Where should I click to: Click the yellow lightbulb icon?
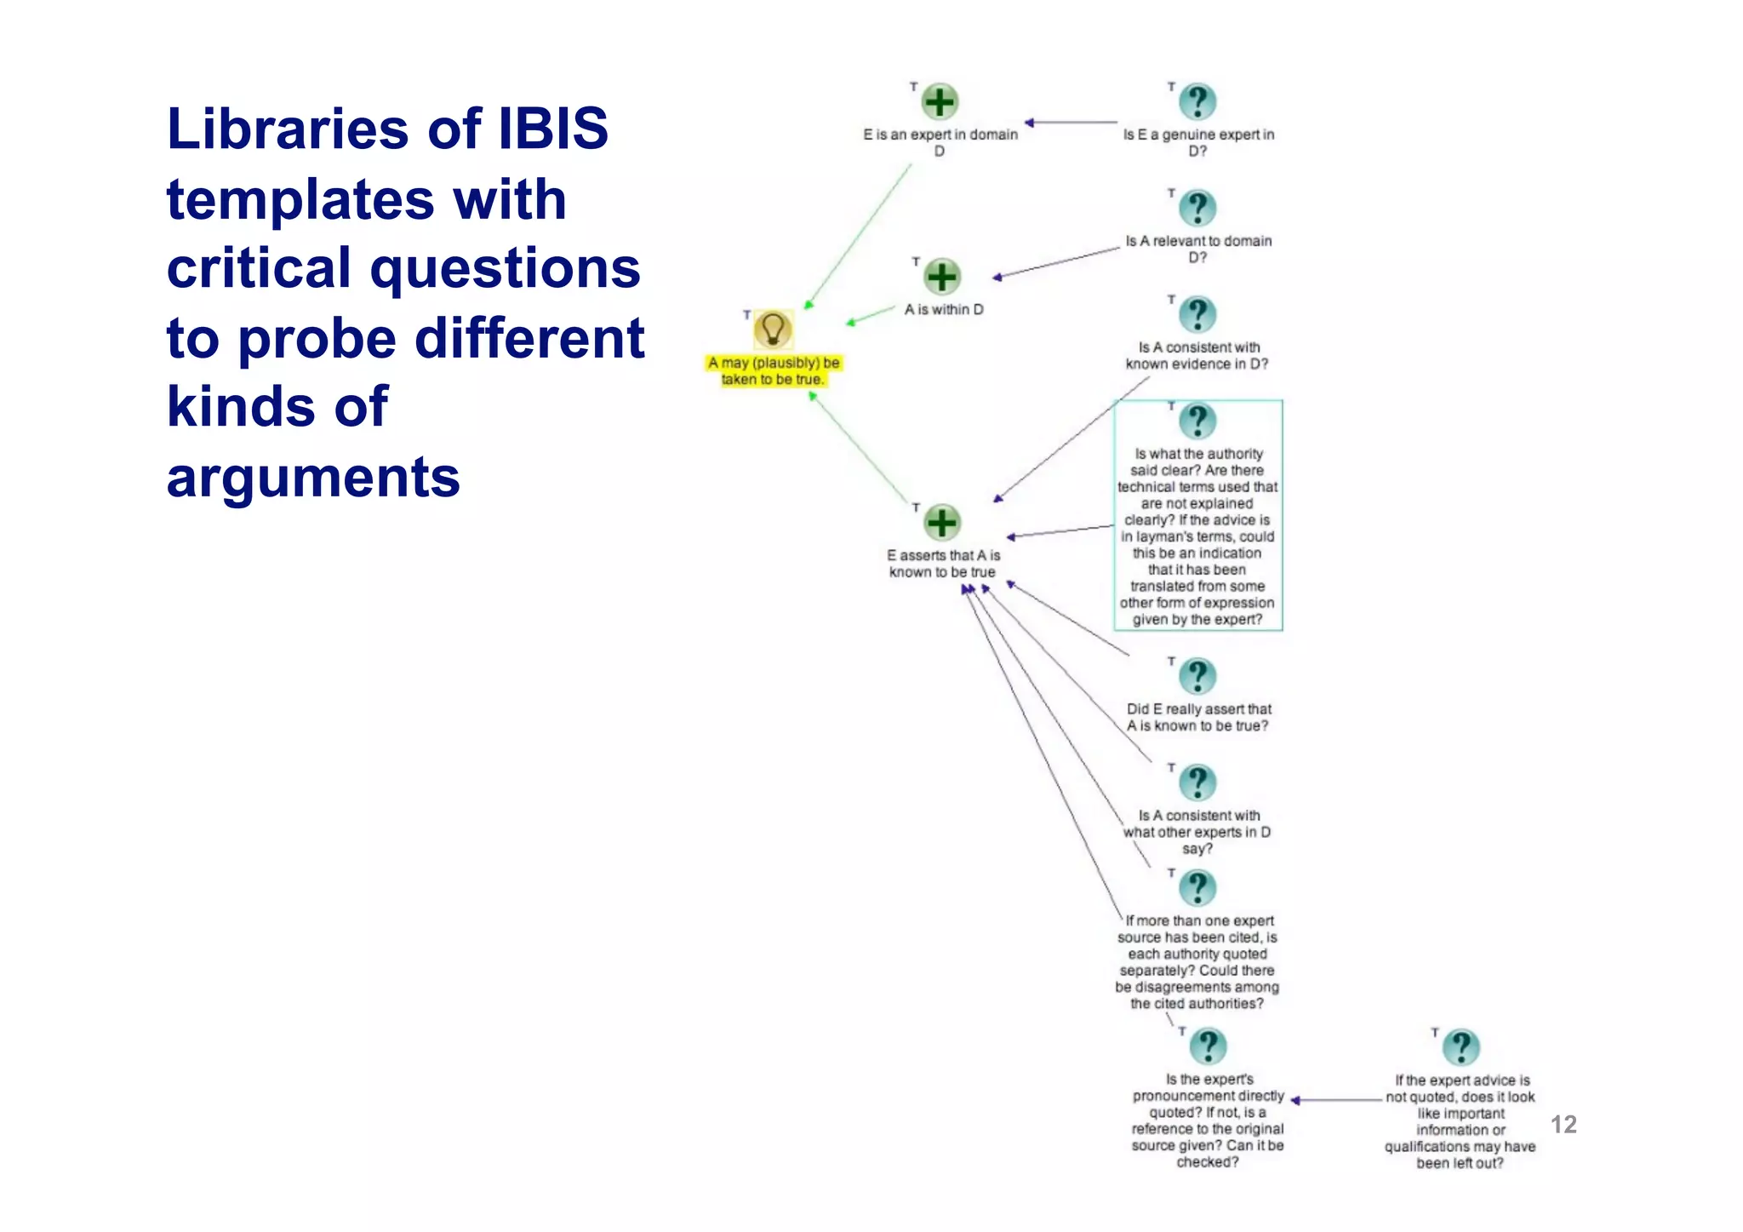click(x=773, y=329)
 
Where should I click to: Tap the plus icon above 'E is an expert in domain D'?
click(x=940, y=102)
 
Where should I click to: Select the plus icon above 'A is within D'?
click(x=942, y=277)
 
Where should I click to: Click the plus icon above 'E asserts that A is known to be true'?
click(x=942, y=523)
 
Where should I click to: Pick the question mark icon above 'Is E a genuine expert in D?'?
click(x=1197, y=102)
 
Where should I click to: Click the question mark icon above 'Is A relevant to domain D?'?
click(x=1197, y=209)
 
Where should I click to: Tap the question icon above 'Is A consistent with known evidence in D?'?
click(x=1197, y=315)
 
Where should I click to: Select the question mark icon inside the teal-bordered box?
click(x=1197, y=421)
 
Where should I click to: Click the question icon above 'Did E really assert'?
click(x=1197, y=677)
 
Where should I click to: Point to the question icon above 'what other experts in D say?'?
click(x=1197, y=782)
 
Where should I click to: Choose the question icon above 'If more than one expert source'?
click(x=1197, y=888)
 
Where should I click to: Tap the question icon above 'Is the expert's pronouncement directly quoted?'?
click(x=1208, y=1046)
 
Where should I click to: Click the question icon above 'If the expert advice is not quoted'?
click(x=1461, y=1047)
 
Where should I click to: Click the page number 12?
click(x=1563, y=1125)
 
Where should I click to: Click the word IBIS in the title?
click(x=553, y=129)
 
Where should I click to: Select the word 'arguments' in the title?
click(x=313, y=477)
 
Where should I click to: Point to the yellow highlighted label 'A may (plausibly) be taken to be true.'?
click(x=773, y=371)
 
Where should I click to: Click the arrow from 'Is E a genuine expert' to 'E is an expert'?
click(x=1072, y=123)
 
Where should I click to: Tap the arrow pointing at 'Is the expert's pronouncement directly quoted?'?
click(x=1336, y=1100)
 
